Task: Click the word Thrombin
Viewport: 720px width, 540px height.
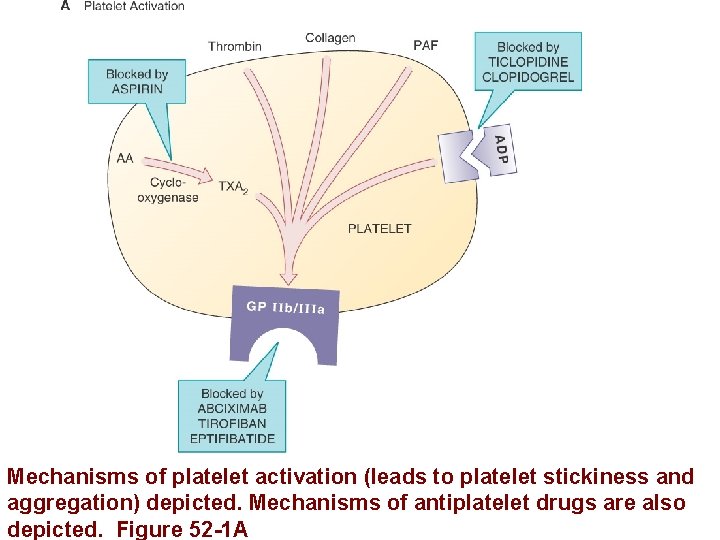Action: coord(234,46)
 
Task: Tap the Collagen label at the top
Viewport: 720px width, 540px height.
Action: coord(330,38)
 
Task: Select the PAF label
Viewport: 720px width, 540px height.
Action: coord(425,45)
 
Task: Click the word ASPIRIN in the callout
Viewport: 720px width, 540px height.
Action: coord(136,88)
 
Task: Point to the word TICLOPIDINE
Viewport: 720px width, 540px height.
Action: coord(528,62)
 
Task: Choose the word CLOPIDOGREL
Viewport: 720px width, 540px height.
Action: coord(528,77)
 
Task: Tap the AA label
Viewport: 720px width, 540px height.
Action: coord(125,158)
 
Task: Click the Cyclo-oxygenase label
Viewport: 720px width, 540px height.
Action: coord(167,190)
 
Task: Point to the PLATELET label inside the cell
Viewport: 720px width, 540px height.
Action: coord(379,228)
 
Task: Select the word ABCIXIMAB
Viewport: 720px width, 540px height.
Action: coord(232,408)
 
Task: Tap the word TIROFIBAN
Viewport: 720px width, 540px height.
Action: coord(232,423)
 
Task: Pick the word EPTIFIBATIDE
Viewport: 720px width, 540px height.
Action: coord(232,438)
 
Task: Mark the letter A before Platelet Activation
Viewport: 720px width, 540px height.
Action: coord(65,6)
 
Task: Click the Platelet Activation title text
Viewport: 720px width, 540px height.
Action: coord(134,6)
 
